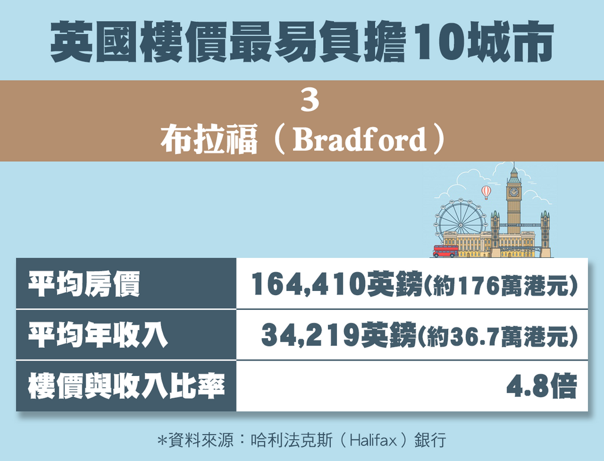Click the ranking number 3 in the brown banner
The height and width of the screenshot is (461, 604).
(310, 102)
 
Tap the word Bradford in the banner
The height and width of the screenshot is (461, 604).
(359, 139)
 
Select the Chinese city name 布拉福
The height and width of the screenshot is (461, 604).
(209, 140)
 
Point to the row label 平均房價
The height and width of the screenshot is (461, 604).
(84, 284)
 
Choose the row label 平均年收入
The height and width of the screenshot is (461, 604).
(98, 335)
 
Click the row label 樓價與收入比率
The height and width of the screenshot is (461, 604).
(126, 386)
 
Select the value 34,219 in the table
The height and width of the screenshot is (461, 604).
(310, 335)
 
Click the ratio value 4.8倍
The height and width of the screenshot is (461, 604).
(541, 386)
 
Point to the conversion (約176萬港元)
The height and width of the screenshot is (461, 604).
(500, 286)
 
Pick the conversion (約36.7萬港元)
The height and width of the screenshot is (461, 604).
(497, 336)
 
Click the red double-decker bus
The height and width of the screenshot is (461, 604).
(446, 251)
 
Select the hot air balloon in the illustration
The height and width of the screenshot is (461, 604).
(486, 192)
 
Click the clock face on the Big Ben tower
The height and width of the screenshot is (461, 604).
(513, 192)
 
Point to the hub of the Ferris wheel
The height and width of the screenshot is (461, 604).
(460, 225)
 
